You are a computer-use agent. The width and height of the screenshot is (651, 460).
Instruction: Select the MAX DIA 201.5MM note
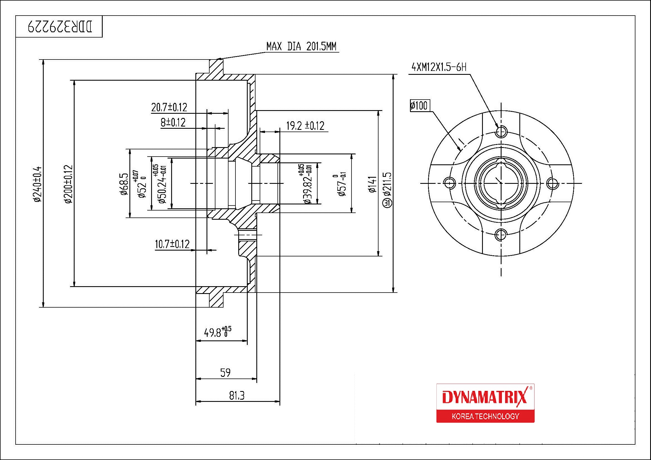click(301, 46)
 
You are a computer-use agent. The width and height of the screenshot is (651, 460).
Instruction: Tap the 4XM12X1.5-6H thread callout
click(439, 67)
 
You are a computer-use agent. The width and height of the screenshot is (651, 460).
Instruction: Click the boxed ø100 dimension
click(420, 106)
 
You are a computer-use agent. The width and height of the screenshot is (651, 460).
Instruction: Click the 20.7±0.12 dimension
click(169, 107)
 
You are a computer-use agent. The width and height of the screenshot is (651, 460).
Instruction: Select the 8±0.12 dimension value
click(173, 122)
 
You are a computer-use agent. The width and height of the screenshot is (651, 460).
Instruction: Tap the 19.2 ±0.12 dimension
click(305, 125)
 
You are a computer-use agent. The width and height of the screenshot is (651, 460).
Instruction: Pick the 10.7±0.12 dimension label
click(172, 244)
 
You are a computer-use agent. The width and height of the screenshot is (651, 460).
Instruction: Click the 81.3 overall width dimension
click(237, 395)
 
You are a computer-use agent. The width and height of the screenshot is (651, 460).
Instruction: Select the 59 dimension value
click(225, 372)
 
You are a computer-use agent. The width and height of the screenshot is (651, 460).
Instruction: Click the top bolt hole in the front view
click(501, 132)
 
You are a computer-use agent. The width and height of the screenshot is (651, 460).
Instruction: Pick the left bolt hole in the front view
click(449, 183)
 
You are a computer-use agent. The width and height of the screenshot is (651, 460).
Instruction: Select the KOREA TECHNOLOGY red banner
click(485, 416)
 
